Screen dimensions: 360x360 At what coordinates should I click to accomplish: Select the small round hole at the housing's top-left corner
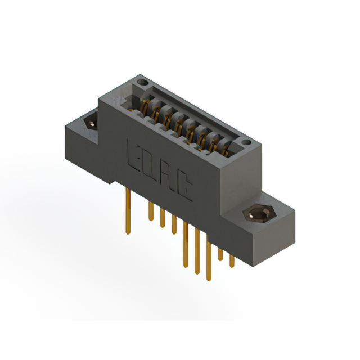point(143,82)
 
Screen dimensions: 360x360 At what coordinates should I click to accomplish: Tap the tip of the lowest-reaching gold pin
point(208,279)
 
